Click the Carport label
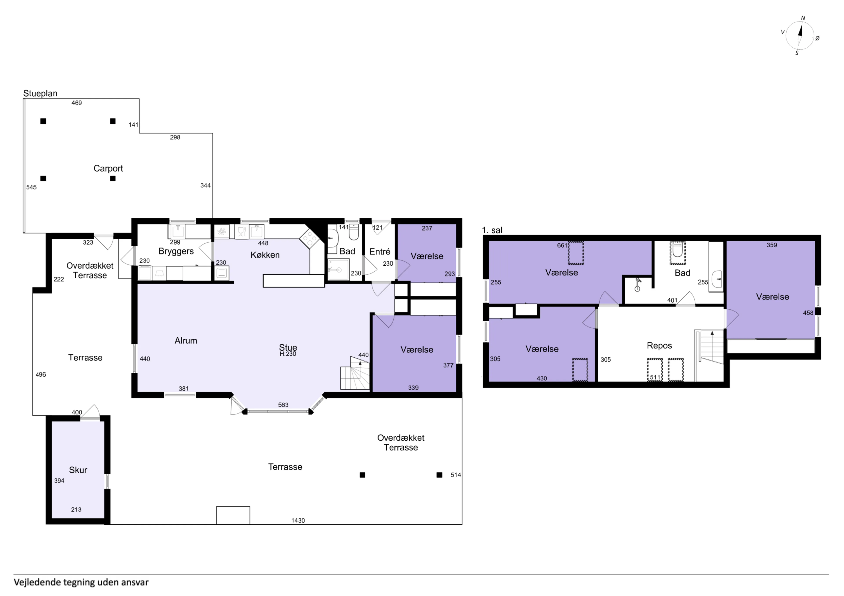(x=108, y=169)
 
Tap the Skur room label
(x=78, y=470)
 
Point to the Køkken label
(x=265, y=255)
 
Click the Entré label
(x=380, y=252)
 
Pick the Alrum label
(x=186, y=341)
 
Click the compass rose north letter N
(x=803, y=18)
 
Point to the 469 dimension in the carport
(x=76, y=103)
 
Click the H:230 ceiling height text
(x=288, y=354)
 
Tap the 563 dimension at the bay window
(x=283, y=405)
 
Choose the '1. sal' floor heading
(x=492, y=230)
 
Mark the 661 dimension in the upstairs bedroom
(x=562, y=245)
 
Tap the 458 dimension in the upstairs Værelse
(x=808, y=313)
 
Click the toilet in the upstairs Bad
(x=677, y=250)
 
